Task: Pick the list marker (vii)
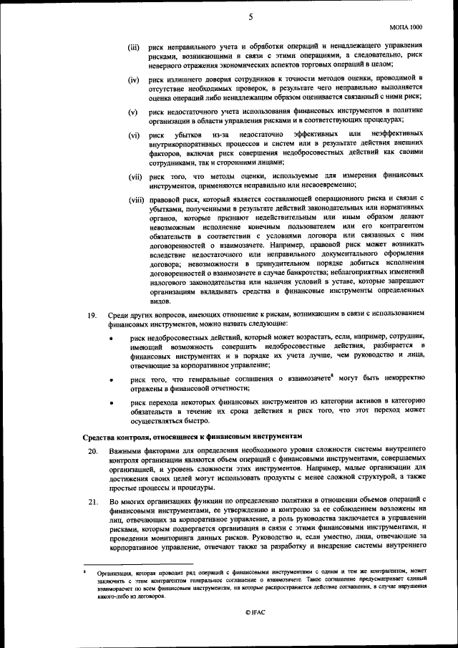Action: pos(135,176)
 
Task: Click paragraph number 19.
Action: pos(92,314)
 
